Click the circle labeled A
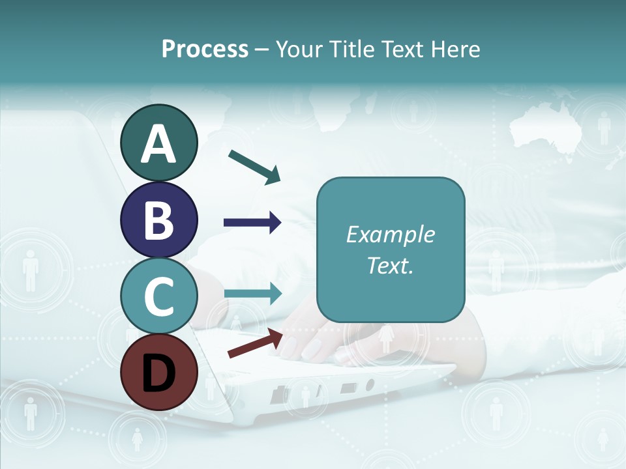[158, 143]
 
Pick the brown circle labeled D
[158, 371]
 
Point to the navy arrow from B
[252, 223]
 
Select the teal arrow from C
[253, 293]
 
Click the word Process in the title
[205, 50]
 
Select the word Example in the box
[390, 235]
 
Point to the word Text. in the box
[390, 265]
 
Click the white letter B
[158, 220]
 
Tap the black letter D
[158, 373]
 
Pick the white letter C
[158, 296]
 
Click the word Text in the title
[398, 50]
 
